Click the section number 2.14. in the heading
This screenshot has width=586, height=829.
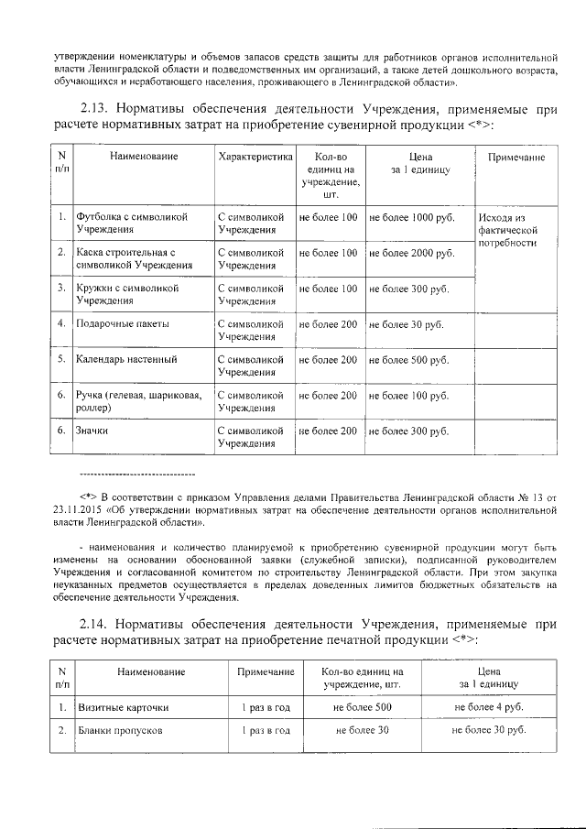coord(100,624)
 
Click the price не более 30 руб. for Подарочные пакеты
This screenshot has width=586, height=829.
coord(406,324)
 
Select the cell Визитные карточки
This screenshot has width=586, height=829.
coord(122,707)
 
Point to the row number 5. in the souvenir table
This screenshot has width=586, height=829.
coord(60,360)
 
